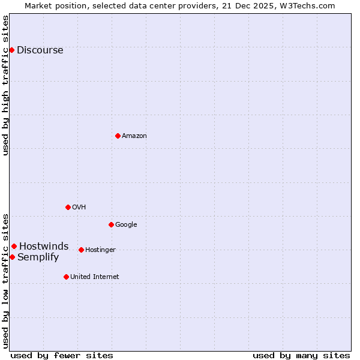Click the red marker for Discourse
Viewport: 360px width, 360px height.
11,50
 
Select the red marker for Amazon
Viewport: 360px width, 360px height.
118,136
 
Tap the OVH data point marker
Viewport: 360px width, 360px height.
68,207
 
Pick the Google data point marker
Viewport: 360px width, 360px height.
111,224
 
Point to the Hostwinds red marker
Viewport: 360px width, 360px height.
14,246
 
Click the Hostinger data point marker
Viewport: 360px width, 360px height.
81,250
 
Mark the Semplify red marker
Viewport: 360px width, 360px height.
12,257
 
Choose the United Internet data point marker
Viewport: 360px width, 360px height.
66,277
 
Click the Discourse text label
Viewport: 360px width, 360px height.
40,50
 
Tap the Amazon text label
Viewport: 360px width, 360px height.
134,136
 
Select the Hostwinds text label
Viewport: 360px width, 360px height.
44,246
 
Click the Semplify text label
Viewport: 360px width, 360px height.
38,257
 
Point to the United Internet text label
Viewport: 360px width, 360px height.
94,277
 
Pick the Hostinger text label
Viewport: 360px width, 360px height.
100,250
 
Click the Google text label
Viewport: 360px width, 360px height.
126,224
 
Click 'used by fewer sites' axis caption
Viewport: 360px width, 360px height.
62,355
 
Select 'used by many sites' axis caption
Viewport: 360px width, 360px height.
301,355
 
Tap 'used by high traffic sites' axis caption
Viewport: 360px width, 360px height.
6,85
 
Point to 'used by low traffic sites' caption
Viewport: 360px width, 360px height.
6,281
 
